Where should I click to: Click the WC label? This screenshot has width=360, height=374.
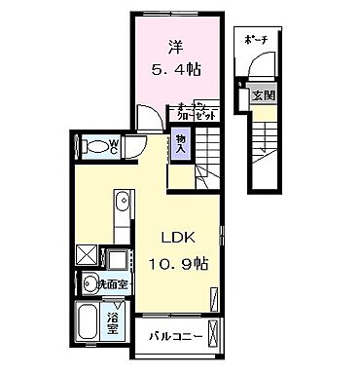pos(114,147)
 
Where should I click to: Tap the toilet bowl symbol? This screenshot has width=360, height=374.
pos(94,147)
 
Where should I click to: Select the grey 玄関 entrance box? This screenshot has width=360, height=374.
pos(262,95)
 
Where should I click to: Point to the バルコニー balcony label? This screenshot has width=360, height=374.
pos(175,337)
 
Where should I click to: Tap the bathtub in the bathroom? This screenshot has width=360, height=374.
pos(88,322)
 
